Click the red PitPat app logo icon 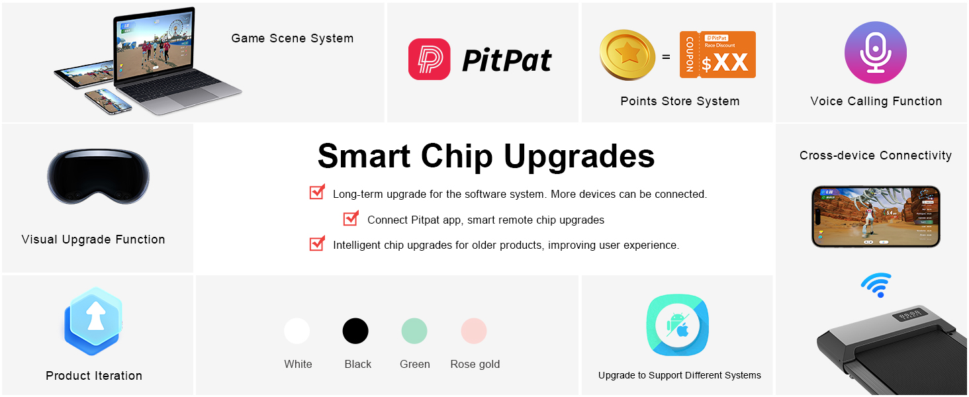[429, 60]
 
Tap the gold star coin [627, 54]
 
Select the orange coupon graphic [717, 54]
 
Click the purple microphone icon [876, 52]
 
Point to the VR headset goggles [98, 177]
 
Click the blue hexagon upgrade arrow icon [93, 321]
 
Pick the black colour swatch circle [355, 331]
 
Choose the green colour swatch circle [414, 331]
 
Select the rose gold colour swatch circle [474, 331]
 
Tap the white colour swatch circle [297, 331]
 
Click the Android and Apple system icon [677, 326]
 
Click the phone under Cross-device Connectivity [876, 216]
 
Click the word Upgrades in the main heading [579, 157]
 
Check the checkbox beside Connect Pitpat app [350, 218]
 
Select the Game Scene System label [293, 38]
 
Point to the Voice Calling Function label [876, 101]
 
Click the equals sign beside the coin [666, 57]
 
